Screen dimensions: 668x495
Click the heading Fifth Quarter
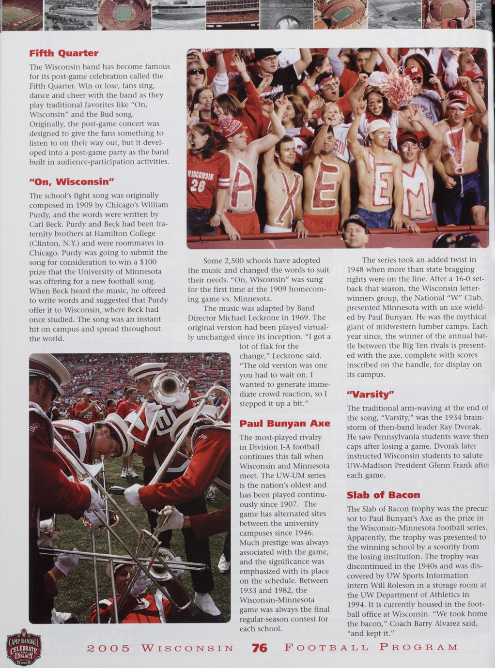(x=63, y=53)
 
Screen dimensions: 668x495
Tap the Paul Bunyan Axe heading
(x=285, y=424)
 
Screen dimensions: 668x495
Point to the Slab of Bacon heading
(x=383, y=495)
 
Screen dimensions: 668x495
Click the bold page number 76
(x=259, y=648)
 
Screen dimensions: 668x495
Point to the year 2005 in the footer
(x=108, y=648)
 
